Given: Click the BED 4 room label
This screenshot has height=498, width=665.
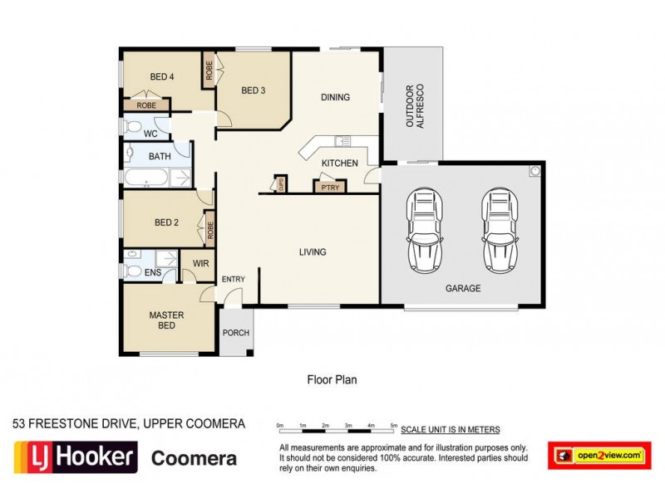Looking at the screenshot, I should [161, 77].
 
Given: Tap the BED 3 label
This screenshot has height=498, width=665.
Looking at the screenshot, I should [253, 90].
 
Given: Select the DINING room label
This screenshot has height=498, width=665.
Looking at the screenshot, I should [335, 97].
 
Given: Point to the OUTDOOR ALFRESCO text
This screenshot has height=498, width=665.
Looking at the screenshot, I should [414, 105].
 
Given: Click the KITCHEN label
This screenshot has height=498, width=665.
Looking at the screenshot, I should [339, 164].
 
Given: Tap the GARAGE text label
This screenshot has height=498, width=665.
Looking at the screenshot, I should [463, 288].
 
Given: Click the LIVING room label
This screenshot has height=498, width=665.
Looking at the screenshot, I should [312, 251].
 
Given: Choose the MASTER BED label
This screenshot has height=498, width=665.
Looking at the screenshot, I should [166, 320].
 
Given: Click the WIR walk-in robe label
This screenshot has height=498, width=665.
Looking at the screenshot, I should [200, 263].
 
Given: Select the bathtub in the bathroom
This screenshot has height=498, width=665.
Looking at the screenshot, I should [148, 178].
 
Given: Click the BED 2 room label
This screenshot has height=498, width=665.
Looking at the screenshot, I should [167, 222].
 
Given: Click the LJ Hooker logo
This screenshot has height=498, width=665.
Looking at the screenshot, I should [75, 456].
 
